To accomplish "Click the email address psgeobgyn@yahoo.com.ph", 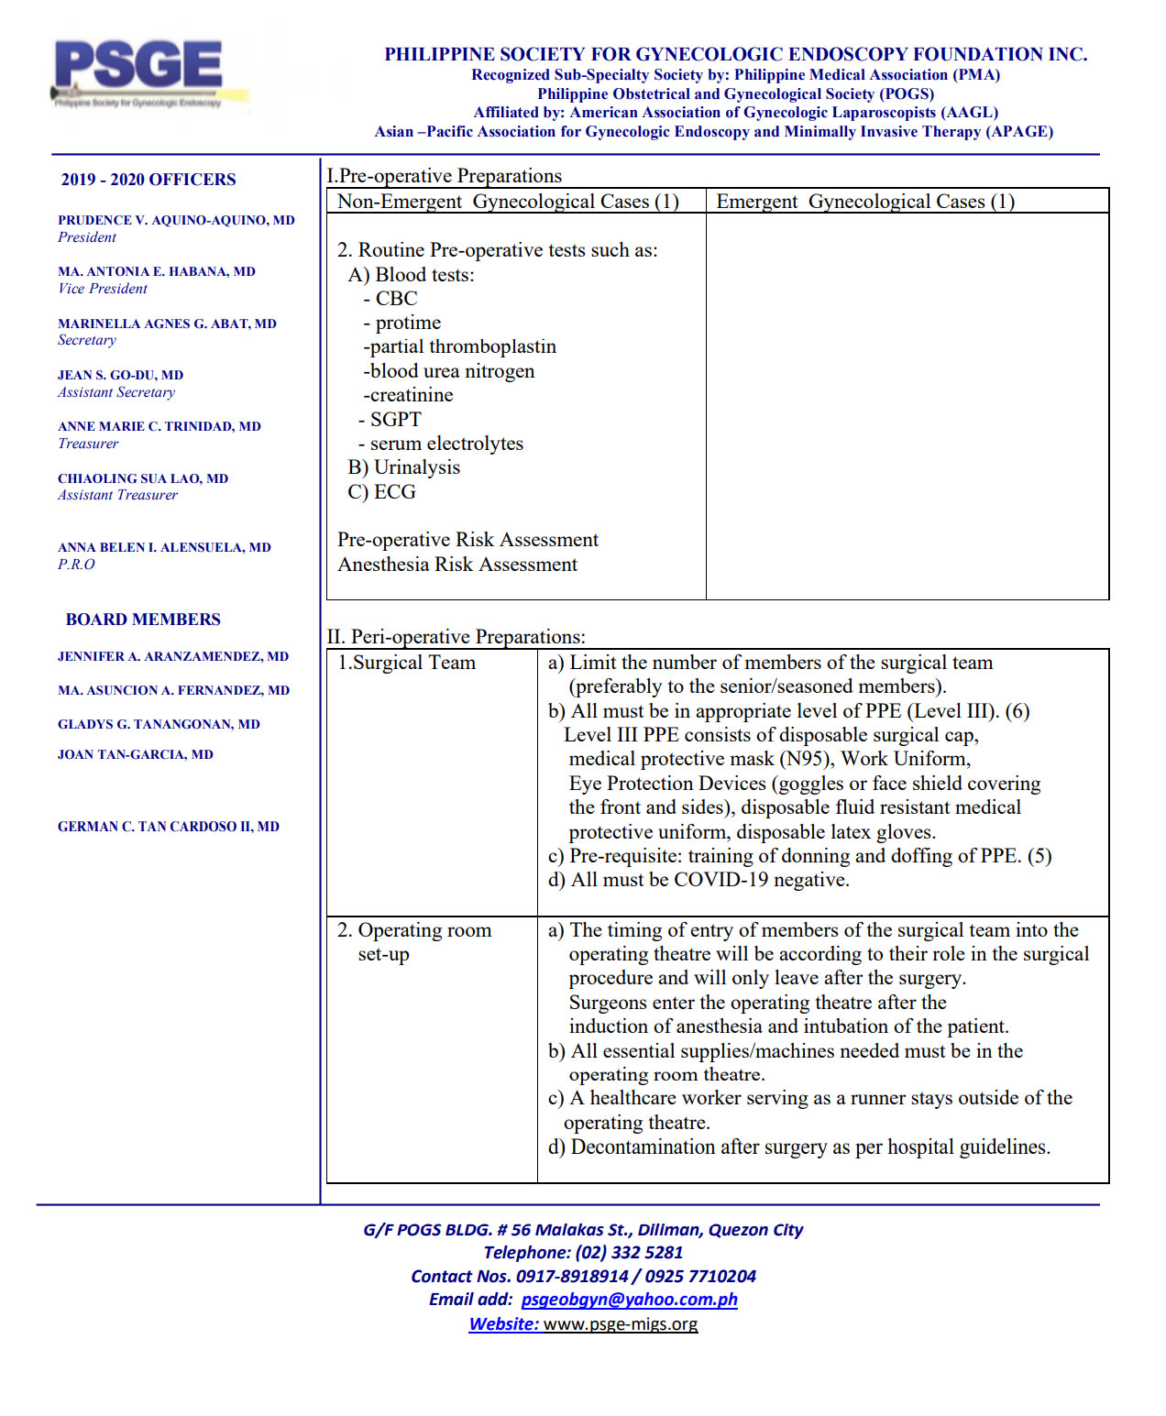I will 629,1299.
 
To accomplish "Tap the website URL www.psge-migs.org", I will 620,1323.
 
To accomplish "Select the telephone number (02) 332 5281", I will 629,1252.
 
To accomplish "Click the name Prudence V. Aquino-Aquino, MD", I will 176,220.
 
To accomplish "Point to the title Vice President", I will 102,289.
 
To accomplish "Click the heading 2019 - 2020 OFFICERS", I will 148,180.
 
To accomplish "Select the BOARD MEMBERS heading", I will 143,620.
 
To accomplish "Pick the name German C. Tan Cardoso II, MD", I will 169,827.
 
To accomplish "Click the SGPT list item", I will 395,420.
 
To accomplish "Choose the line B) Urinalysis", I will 403,467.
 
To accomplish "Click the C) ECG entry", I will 382,492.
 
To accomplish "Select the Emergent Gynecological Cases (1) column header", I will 864,202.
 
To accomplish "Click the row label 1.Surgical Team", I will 407,663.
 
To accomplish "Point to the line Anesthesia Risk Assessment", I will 457,565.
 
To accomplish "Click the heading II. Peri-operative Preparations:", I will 456,636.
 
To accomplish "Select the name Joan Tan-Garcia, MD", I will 136,754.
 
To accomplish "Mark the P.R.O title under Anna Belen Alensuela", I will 76,565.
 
